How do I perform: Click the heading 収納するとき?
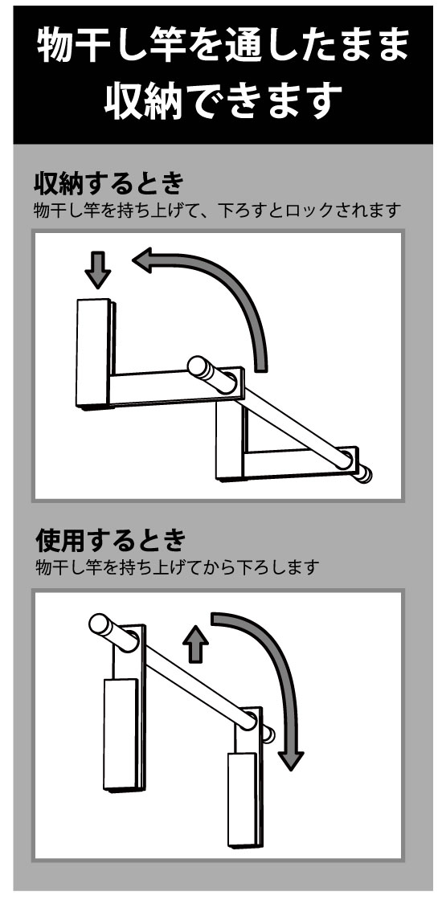pos(109,184)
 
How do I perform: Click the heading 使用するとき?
pos(111,540)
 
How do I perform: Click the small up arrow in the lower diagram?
pos(196,644)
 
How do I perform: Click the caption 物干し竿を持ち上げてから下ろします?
pos(177,567)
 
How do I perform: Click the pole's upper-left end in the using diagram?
pos(100,624)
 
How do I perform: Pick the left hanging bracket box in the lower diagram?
pos(121,734)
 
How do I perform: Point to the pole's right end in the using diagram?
pos(268,734)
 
